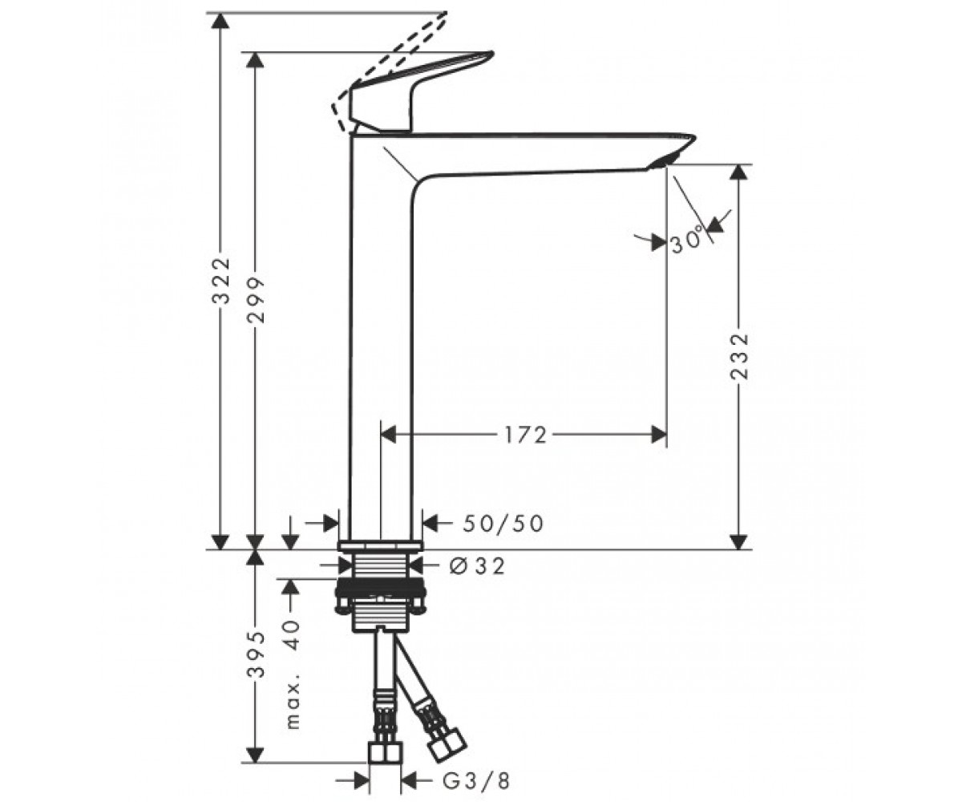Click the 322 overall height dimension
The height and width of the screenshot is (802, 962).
(220, 282)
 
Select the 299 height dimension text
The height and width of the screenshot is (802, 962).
(256, 300)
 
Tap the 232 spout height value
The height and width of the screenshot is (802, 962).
(740, 357)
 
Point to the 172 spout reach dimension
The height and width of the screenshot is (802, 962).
(526, 435)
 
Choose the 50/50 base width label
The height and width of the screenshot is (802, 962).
(503, 524)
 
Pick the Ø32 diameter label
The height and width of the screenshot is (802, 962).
(477, 566)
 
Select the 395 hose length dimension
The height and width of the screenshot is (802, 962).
(256, 654)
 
